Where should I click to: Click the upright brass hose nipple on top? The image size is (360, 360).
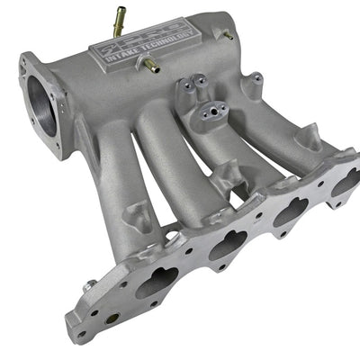[x=118, y=15]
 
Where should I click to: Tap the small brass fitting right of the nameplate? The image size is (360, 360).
[x=227, y=35]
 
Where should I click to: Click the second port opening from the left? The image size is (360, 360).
[x=227, y=244]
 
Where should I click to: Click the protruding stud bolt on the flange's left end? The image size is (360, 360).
[x=90, y=286]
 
